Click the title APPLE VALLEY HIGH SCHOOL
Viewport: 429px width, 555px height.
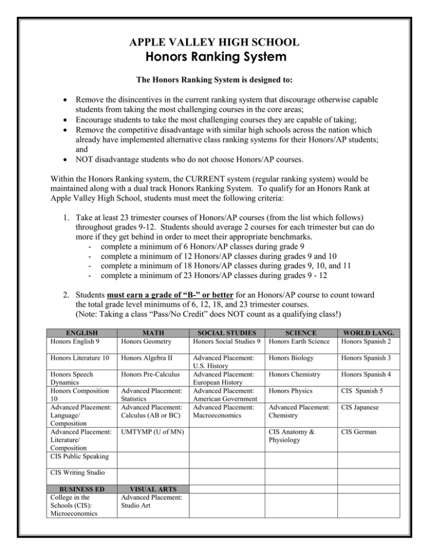click(214, 42)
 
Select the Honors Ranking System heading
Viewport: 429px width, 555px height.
click(214, 57)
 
